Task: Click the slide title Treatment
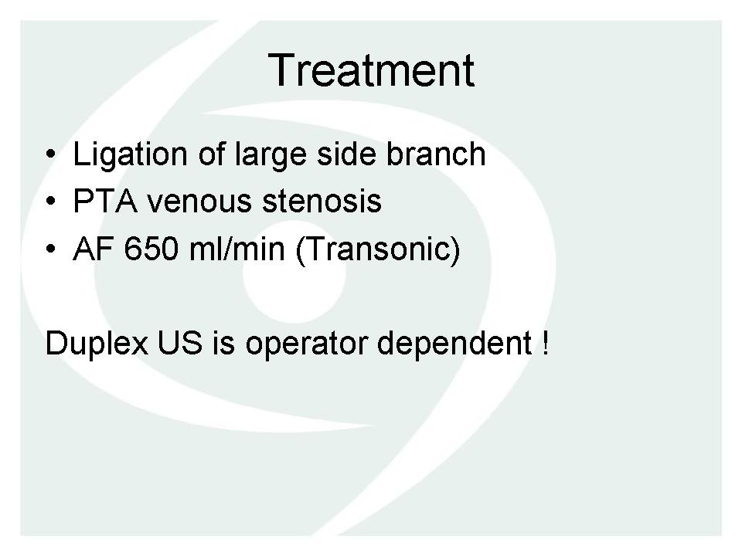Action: [x=371, y=70]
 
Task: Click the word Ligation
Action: [x=130, y=154]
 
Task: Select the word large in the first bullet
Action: [x=271, y=156]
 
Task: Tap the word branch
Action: [x=436, y=154]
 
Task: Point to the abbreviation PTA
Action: [x=105, y=201]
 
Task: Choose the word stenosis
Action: [x=322, y=202]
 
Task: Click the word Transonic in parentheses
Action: [x=378, y=249]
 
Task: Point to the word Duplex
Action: [x=97, y=344]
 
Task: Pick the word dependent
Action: [x=454, y=344]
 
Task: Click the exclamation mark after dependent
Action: [x=546, y=343]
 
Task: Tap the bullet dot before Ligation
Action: [x=51, y=154]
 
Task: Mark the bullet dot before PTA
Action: [x=51, y=201]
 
